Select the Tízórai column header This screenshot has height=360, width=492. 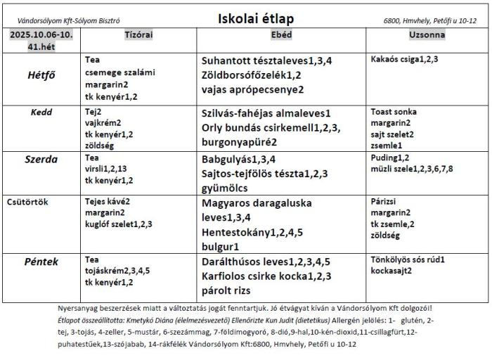(x=138, y=34)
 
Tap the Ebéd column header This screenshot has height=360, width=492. (x=281, y=34)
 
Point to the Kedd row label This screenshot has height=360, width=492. (x=42, y=112)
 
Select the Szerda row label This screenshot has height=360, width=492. (x=42, y=160)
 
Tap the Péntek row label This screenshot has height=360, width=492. (x=42, y=262)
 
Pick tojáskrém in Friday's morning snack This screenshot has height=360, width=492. (x=103, y=271)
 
